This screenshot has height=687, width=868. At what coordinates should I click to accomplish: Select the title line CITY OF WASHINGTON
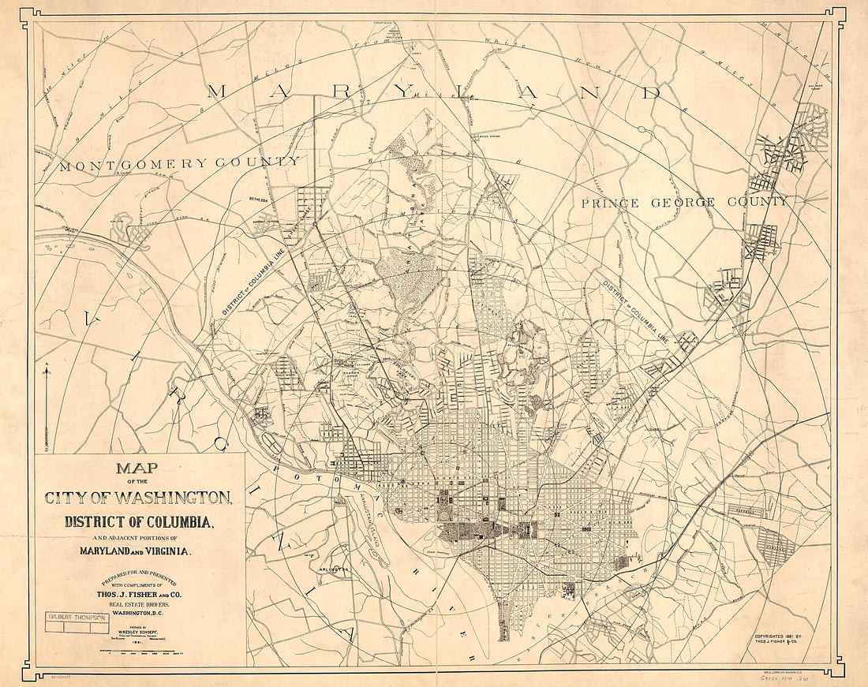[138, 498]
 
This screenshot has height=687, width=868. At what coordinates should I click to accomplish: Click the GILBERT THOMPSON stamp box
[76, 618]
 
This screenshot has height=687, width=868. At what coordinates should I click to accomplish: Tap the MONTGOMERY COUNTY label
[179, 163]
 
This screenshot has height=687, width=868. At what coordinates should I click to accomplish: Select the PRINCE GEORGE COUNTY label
[683, 203]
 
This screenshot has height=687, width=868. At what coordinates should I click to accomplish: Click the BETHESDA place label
[258, 200]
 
